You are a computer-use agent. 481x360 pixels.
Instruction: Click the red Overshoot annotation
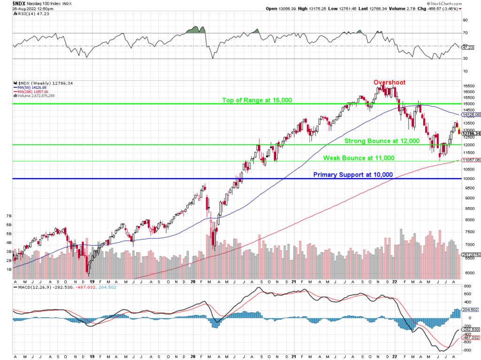389,83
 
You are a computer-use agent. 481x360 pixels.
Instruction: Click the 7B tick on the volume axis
8,216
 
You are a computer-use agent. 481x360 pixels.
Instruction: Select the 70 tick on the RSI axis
465,33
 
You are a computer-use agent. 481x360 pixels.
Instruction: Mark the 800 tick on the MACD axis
467,286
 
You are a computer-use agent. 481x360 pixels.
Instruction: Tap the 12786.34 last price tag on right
471,134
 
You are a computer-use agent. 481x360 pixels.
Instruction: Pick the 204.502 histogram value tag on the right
471,310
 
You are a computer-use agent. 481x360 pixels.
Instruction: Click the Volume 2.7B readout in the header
420,8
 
